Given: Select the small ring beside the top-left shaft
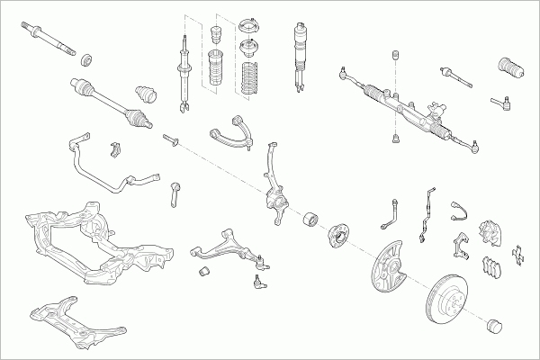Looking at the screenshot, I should coord(88,61).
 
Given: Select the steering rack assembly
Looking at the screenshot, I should coord(405,107).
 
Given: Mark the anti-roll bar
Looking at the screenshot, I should coord(99,166).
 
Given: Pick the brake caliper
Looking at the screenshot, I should coord(491,233).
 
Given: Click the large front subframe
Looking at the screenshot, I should coord(85,241).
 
